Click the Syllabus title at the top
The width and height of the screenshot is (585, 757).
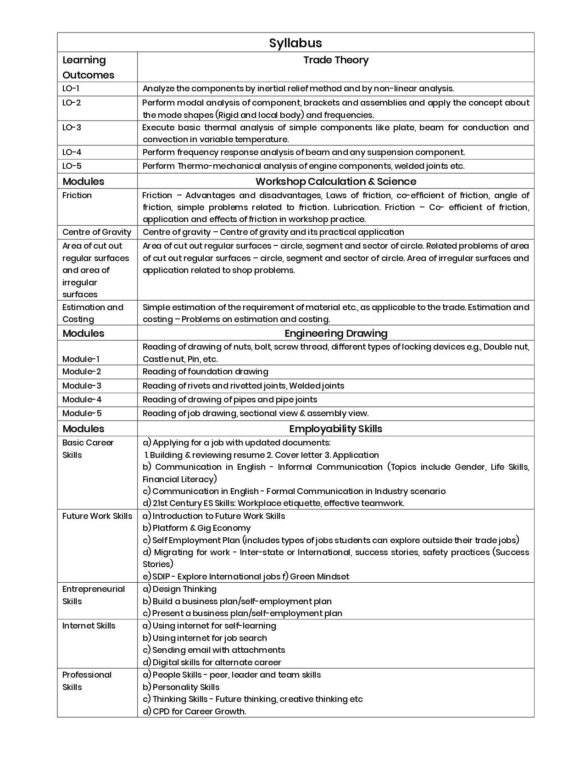pyautogui.click(x=295, y=43)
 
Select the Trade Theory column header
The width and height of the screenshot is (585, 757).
pyautogui.click(x=336, y=60)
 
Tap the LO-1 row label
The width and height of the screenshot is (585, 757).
pyautogui.click(x=71, y=89)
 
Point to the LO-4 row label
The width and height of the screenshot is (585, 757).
pyautogui.click(x=72, y=152)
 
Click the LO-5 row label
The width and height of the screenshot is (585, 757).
pyautogui.click(x=72, y=166)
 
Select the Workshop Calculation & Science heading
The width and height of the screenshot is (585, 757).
pyautogui.click(x=336, y=181)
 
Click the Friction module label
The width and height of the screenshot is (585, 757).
pyautogui.click(x=77, y=195)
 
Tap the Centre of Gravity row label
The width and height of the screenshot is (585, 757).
pyautogui.click(x=97, y=232)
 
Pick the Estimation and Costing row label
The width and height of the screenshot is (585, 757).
pyautogui.click(x=93, y=313)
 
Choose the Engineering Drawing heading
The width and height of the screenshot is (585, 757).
pyautogui.click(x=336, y=334)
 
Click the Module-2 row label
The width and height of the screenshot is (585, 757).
pyautogui.click(x=82, y=372)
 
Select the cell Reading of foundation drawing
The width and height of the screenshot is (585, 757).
pyautogui.click(x=206, y=372)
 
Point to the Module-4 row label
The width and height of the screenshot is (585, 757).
pyautogui.click(x=82, y=400)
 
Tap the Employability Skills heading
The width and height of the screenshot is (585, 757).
pyautogui.click(x=336, y=429)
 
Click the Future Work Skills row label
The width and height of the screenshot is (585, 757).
pyautogui.click(x=97, y=516)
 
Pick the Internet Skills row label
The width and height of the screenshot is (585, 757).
pyautogui.click(x=89, y=626)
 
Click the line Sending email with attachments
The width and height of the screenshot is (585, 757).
pyautogui.click(x=214, y=650)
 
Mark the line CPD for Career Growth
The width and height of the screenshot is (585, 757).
pyautogui.click(x=195, y=712)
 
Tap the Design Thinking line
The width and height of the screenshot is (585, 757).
pyautogui.click(x=179, y=589)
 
